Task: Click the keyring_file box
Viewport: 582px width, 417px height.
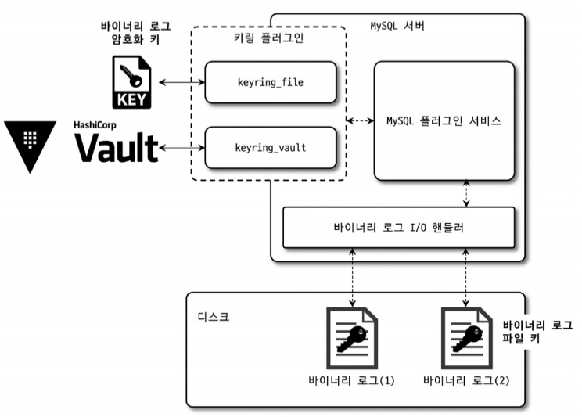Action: point(270,81)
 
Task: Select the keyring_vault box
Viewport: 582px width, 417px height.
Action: point(270,146)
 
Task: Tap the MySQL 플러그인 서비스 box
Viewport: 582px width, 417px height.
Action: point(444,121)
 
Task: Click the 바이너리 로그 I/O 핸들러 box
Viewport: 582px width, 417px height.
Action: point(399,227)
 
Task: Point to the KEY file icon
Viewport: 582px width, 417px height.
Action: point(131,83)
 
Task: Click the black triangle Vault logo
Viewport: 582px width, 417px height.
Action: point(30,141)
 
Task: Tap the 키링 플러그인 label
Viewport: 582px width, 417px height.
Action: point(269,39)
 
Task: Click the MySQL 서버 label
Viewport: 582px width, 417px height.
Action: point(397,26)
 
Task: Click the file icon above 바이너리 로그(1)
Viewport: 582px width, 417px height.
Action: point(352,339)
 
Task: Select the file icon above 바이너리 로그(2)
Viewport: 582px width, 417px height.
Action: point(467,339)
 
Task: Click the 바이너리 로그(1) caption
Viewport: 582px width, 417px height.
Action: point(352,381)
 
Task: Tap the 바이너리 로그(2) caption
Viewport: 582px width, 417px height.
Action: point(467,381)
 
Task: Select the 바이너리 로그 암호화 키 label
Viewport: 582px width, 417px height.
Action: point(135,34)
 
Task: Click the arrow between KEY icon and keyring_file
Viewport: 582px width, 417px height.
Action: point(181,81)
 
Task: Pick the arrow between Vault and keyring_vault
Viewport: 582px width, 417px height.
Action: point(181,146)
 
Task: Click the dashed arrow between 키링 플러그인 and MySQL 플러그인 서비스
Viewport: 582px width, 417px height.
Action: point(360,121)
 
